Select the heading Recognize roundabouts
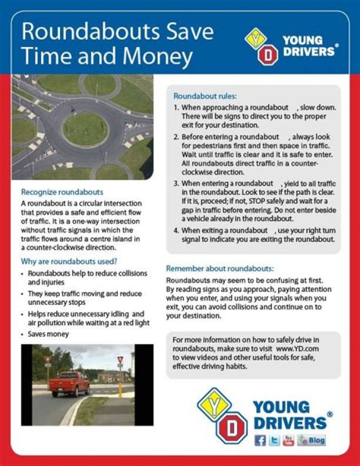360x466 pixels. (62, 192)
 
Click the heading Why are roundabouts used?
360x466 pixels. (69, 262)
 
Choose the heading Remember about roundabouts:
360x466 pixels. (220, 268)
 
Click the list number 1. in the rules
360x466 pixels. (176, 108)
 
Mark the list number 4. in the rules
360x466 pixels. (176, 230)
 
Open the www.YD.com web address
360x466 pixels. (297, 348)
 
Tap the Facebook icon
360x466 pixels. (260, 440)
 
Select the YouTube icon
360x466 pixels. (288, 440)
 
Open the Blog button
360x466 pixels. (311, 440)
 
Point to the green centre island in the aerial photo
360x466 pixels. (85, 129)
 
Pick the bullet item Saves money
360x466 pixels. (48, 334)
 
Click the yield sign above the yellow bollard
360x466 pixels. (120, 360)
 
